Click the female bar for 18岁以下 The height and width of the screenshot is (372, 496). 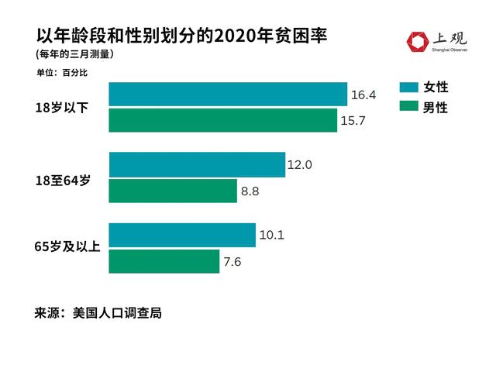[x=227, y=94]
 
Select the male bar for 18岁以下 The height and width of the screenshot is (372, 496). [x=222, y=120]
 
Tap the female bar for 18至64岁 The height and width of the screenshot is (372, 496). [x=197, y=164]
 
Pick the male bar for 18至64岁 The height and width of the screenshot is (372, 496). [x=172, y=191]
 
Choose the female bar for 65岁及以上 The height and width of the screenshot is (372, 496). [x=181, y=235]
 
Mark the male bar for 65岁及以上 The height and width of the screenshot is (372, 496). [x=164, y=261]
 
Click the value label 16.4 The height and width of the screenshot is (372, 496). [x=363, y=95]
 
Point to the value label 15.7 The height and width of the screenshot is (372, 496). [x=353, y=121]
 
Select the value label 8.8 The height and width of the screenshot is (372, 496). [x=250, y=191]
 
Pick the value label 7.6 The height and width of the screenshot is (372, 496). [x=232, y=262]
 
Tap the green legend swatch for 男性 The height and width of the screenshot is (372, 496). [x=408, y=107]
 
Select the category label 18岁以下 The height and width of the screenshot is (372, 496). [x=61, y=108]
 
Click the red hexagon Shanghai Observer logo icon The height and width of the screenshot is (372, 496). [x=418, y=43]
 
